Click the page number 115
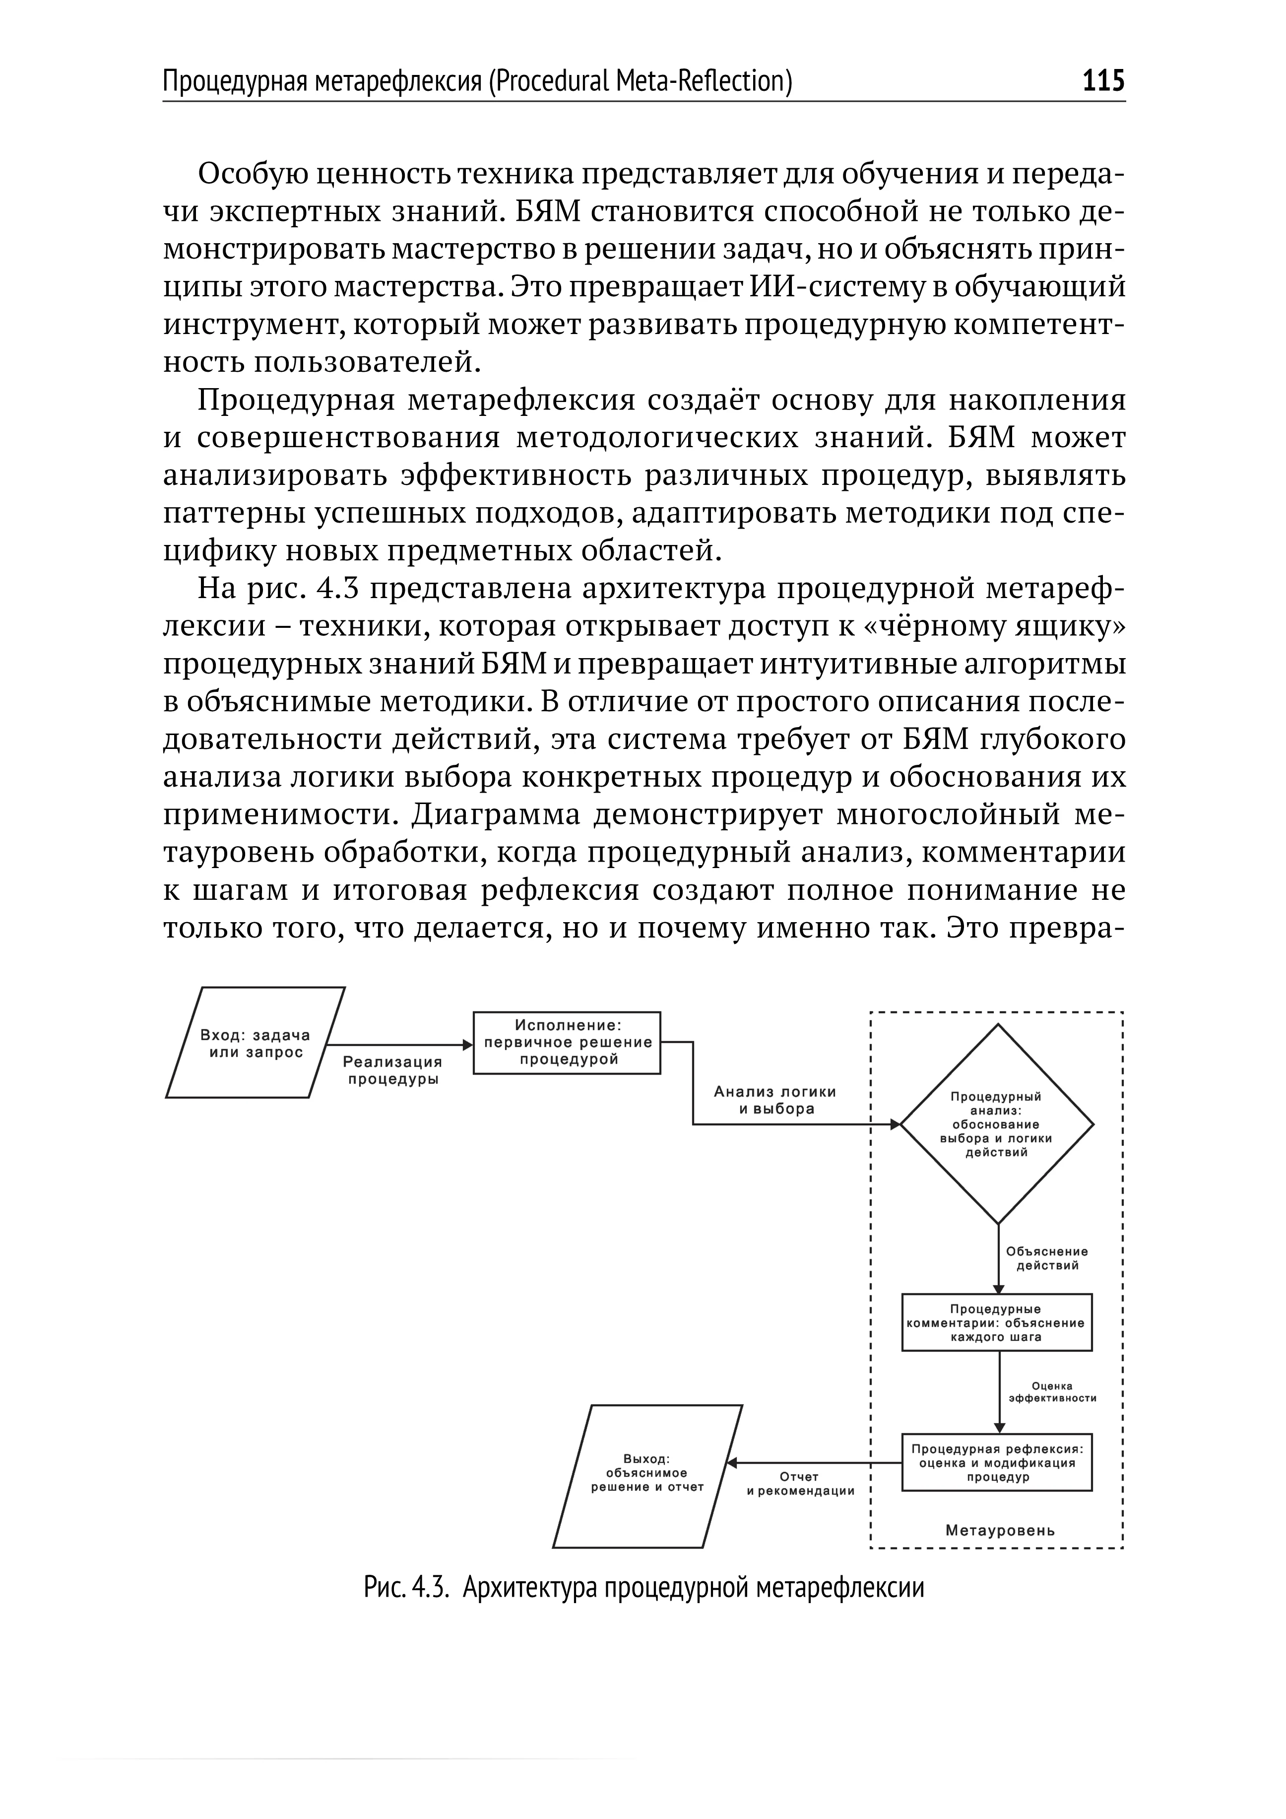[1103, 81]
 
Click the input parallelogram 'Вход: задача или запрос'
[255, 1043]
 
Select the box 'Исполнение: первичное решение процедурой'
[567, 1043]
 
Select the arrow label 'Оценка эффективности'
[1052, 1392]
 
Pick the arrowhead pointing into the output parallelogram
[732, 1463]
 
